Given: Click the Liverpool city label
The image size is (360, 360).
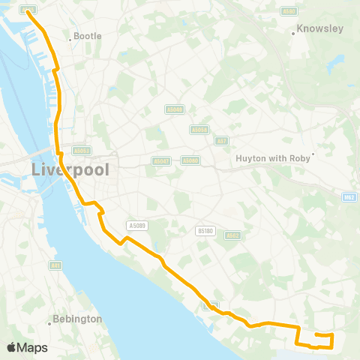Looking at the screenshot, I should [x=70, y=169].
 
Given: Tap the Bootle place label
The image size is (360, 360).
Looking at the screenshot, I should [x=87, y=36].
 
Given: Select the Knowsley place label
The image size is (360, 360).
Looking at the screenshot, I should [x=319, y=28].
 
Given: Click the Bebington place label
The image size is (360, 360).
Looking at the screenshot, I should [x=76, y=319].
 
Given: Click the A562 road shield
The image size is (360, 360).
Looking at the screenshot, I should [x=232, y=235].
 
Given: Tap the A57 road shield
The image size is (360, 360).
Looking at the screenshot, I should [x=222, y=140].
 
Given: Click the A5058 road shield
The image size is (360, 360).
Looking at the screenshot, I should [x=199, y=130].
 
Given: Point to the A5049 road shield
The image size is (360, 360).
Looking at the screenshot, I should [x=174, y=110].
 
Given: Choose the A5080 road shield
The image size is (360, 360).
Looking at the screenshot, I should [x=191, y=160].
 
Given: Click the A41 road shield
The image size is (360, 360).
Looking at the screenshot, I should [x=55, y=265].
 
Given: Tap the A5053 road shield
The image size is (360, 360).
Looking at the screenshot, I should [x=82, y=150].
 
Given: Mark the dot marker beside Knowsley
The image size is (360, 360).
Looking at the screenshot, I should [x=293, y=33].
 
